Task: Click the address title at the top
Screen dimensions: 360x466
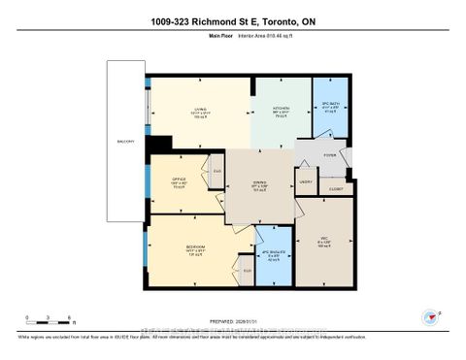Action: click(233, 20)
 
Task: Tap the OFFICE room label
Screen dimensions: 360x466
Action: click(179, 180)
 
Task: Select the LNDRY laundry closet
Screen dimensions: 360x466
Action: click(306, 181)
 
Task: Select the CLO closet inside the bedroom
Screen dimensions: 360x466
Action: click(247, 271)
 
